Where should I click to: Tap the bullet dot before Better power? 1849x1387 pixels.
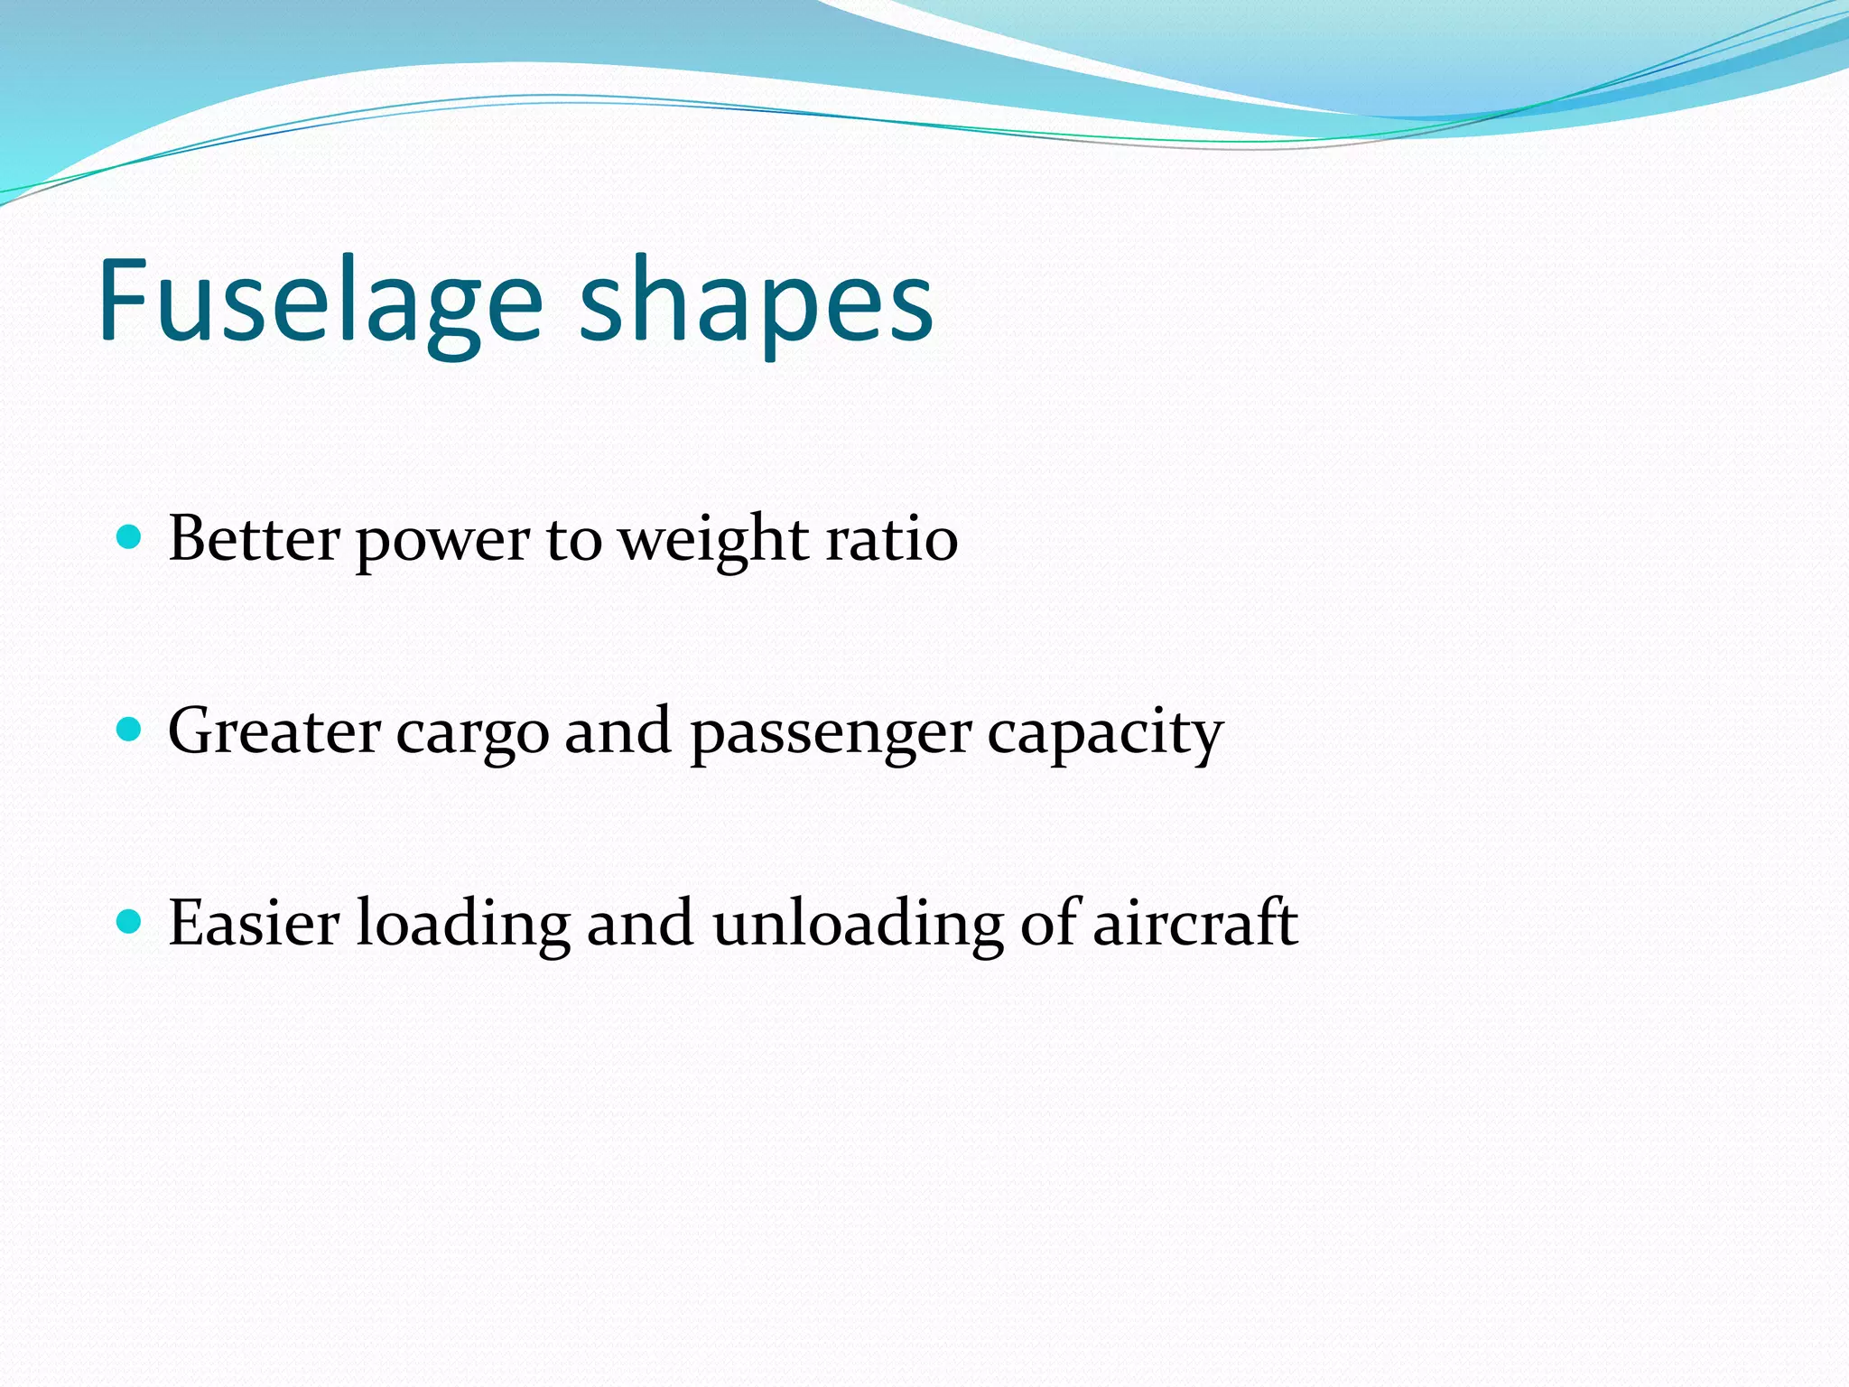(130, 538)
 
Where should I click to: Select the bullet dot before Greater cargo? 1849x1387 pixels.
(130, 730)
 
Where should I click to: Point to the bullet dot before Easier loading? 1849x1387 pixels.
(130, 922)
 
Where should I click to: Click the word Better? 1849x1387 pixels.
(254, 539)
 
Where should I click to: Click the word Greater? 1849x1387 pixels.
(274, 731)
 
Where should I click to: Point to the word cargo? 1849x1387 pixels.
(472, 736)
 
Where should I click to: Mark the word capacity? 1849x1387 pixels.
(1105, 736)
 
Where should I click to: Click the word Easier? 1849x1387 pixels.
(254, 923)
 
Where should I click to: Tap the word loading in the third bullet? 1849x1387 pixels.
(463, 925)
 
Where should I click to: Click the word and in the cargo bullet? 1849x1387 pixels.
(618, 731)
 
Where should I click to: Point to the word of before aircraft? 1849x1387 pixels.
(1049, 923)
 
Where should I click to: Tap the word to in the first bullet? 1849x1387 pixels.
(573, 541)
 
